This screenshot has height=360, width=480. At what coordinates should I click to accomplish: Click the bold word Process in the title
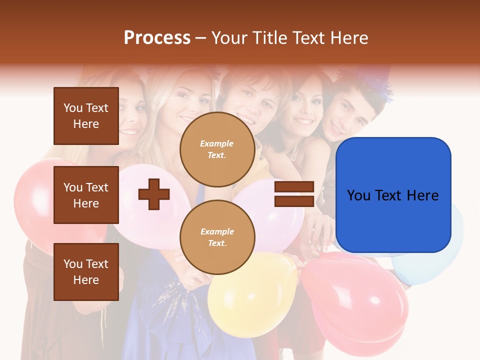tap(157, 38)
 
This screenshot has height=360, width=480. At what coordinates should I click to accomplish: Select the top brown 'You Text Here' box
tap(86, 116)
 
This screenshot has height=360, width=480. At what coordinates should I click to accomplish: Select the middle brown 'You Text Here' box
tap(86, 195)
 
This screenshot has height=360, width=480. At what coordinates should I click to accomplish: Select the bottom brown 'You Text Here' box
tap(86, 271)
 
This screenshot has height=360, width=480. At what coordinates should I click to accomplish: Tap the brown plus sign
tap(154, 194)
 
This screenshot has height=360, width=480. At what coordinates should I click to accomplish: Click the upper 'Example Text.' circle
tap(217, 149)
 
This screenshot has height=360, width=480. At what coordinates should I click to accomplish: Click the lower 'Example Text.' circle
tap(217, 237)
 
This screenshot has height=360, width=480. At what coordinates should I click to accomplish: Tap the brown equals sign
tap(294, 194)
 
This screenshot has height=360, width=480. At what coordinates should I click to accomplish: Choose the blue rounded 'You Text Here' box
tap(393, 195)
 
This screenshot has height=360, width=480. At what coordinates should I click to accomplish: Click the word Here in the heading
tap(349, 38)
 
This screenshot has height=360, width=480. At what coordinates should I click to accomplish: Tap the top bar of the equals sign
tap(294, 187)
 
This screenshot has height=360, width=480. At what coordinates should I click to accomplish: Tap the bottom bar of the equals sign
tap(294, 201)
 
